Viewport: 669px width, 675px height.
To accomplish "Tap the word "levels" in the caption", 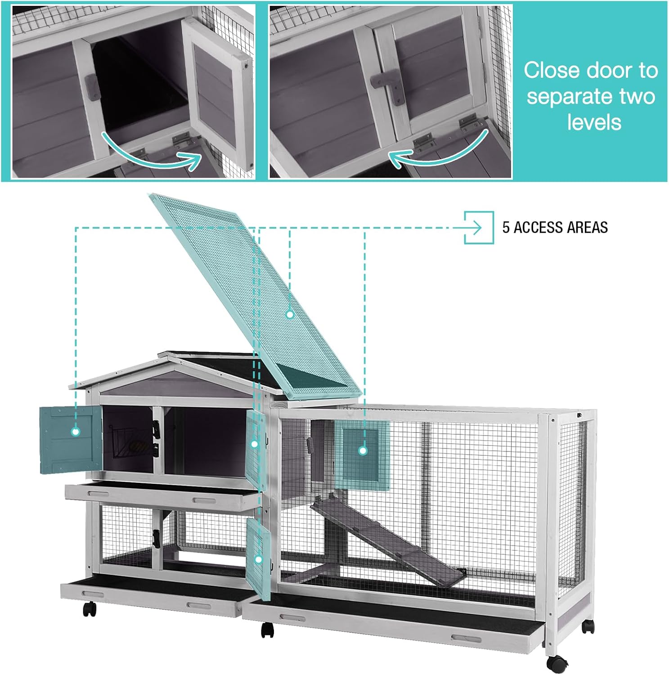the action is [594, 122].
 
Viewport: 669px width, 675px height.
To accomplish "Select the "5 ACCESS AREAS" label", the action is [555, 227].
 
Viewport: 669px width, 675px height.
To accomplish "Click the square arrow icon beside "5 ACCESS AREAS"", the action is [479, 227].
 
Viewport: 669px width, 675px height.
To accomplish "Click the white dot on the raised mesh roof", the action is [290, 315].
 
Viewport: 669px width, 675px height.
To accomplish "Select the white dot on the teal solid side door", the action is [76, 432].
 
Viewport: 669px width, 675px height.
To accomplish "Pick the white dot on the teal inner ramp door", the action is [363, 450].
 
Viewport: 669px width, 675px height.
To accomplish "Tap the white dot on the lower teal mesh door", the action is [258, 560].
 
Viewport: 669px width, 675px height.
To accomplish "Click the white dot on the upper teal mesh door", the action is [254, 444].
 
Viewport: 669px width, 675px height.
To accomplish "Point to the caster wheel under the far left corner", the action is [90, 609].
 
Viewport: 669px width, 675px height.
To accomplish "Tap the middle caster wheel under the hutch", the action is [267, 630].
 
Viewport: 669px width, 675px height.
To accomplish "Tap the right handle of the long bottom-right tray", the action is [467, 638].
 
